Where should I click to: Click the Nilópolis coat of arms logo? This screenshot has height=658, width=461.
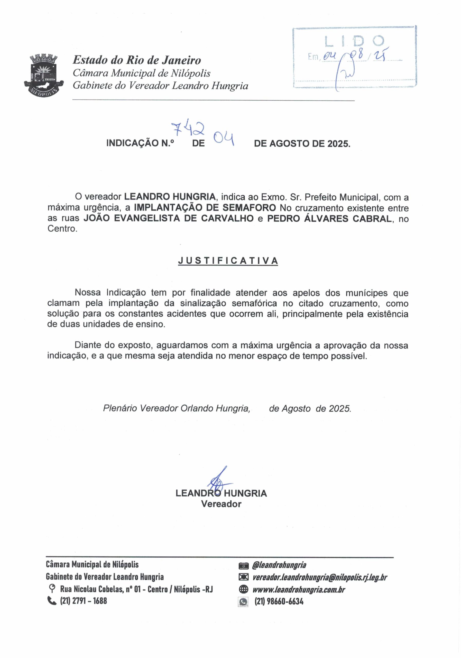[43, 75]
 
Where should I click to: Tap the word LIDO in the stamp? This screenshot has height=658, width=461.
[354, 42]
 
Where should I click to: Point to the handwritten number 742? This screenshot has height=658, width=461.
[188, 129]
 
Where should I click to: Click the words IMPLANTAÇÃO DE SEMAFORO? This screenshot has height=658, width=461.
[205, 207]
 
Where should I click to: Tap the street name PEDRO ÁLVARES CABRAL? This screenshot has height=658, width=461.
[329, 218]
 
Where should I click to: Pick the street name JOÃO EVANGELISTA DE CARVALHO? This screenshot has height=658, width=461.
[169, 218]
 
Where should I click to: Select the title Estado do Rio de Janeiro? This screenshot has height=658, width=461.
[137, 60]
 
